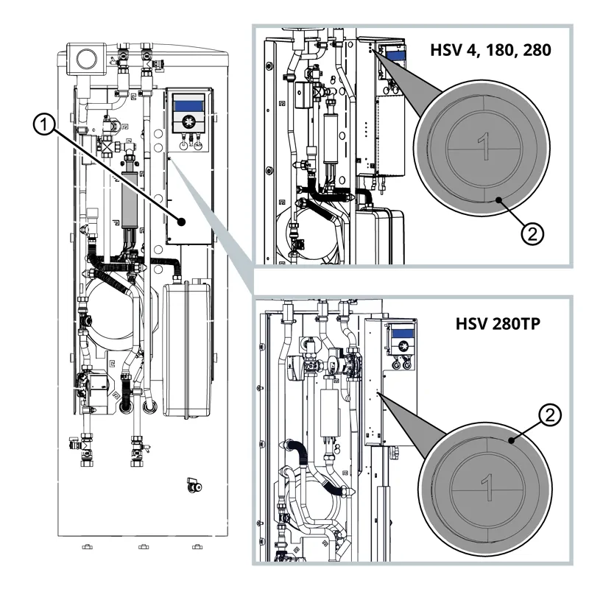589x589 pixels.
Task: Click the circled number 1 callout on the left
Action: point(44,127)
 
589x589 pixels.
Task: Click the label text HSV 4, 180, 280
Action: point(490,52)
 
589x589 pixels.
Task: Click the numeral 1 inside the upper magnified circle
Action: point(483,148)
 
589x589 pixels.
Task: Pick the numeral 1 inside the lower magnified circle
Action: point(485,487)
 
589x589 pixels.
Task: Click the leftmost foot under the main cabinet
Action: point(86,547)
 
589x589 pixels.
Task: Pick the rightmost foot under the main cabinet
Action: point(195,547)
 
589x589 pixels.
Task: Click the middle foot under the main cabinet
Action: point(141,547)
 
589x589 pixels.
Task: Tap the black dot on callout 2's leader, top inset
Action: point(498,200)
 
